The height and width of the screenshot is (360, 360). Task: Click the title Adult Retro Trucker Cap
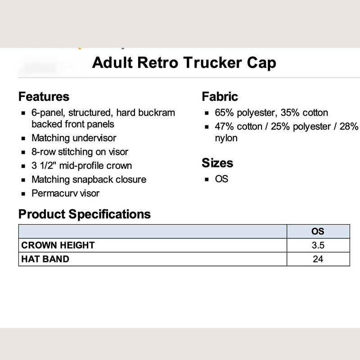[x=184, y=63]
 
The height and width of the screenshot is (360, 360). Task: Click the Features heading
[x=44, y=96]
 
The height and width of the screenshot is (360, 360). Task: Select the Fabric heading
[x=220, y=96]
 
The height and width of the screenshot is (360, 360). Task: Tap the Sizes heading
[x=217, y=163]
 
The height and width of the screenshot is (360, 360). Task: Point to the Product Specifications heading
[x=85, y=214]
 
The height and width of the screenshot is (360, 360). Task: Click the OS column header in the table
[x=318, y=231]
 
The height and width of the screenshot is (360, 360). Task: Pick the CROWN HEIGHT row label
[x=58, y=245]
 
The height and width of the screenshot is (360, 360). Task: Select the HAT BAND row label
[x=45, y=259]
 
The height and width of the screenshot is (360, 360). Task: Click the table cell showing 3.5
[x=318, y=245]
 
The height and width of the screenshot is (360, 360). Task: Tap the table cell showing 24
[x=318, y=259]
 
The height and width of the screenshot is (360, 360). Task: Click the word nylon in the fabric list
[x=226, y=138]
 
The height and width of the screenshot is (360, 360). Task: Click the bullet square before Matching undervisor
[x=23, y=139]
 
